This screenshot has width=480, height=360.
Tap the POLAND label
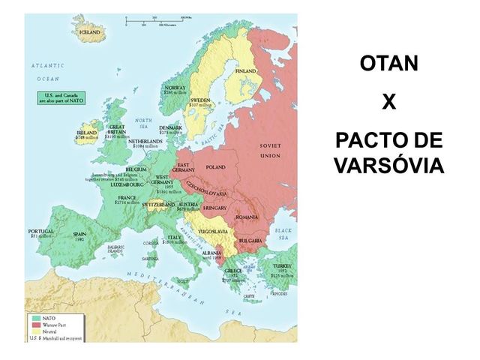[x=215, y=166]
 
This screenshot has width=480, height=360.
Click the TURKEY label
[x=282, y=266]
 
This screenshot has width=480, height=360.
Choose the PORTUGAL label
[x=40, y=231]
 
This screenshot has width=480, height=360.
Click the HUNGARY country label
[x=214, y=206]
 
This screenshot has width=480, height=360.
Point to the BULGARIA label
[x=249, y=240]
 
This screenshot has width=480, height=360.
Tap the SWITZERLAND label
[x=159, y=204]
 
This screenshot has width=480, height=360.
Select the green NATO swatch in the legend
[x=34, y=317]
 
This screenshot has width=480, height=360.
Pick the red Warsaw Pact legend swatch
[x=34, y=324]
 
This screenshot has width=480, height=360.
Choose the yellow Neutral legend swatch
[x=34, y=331]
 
